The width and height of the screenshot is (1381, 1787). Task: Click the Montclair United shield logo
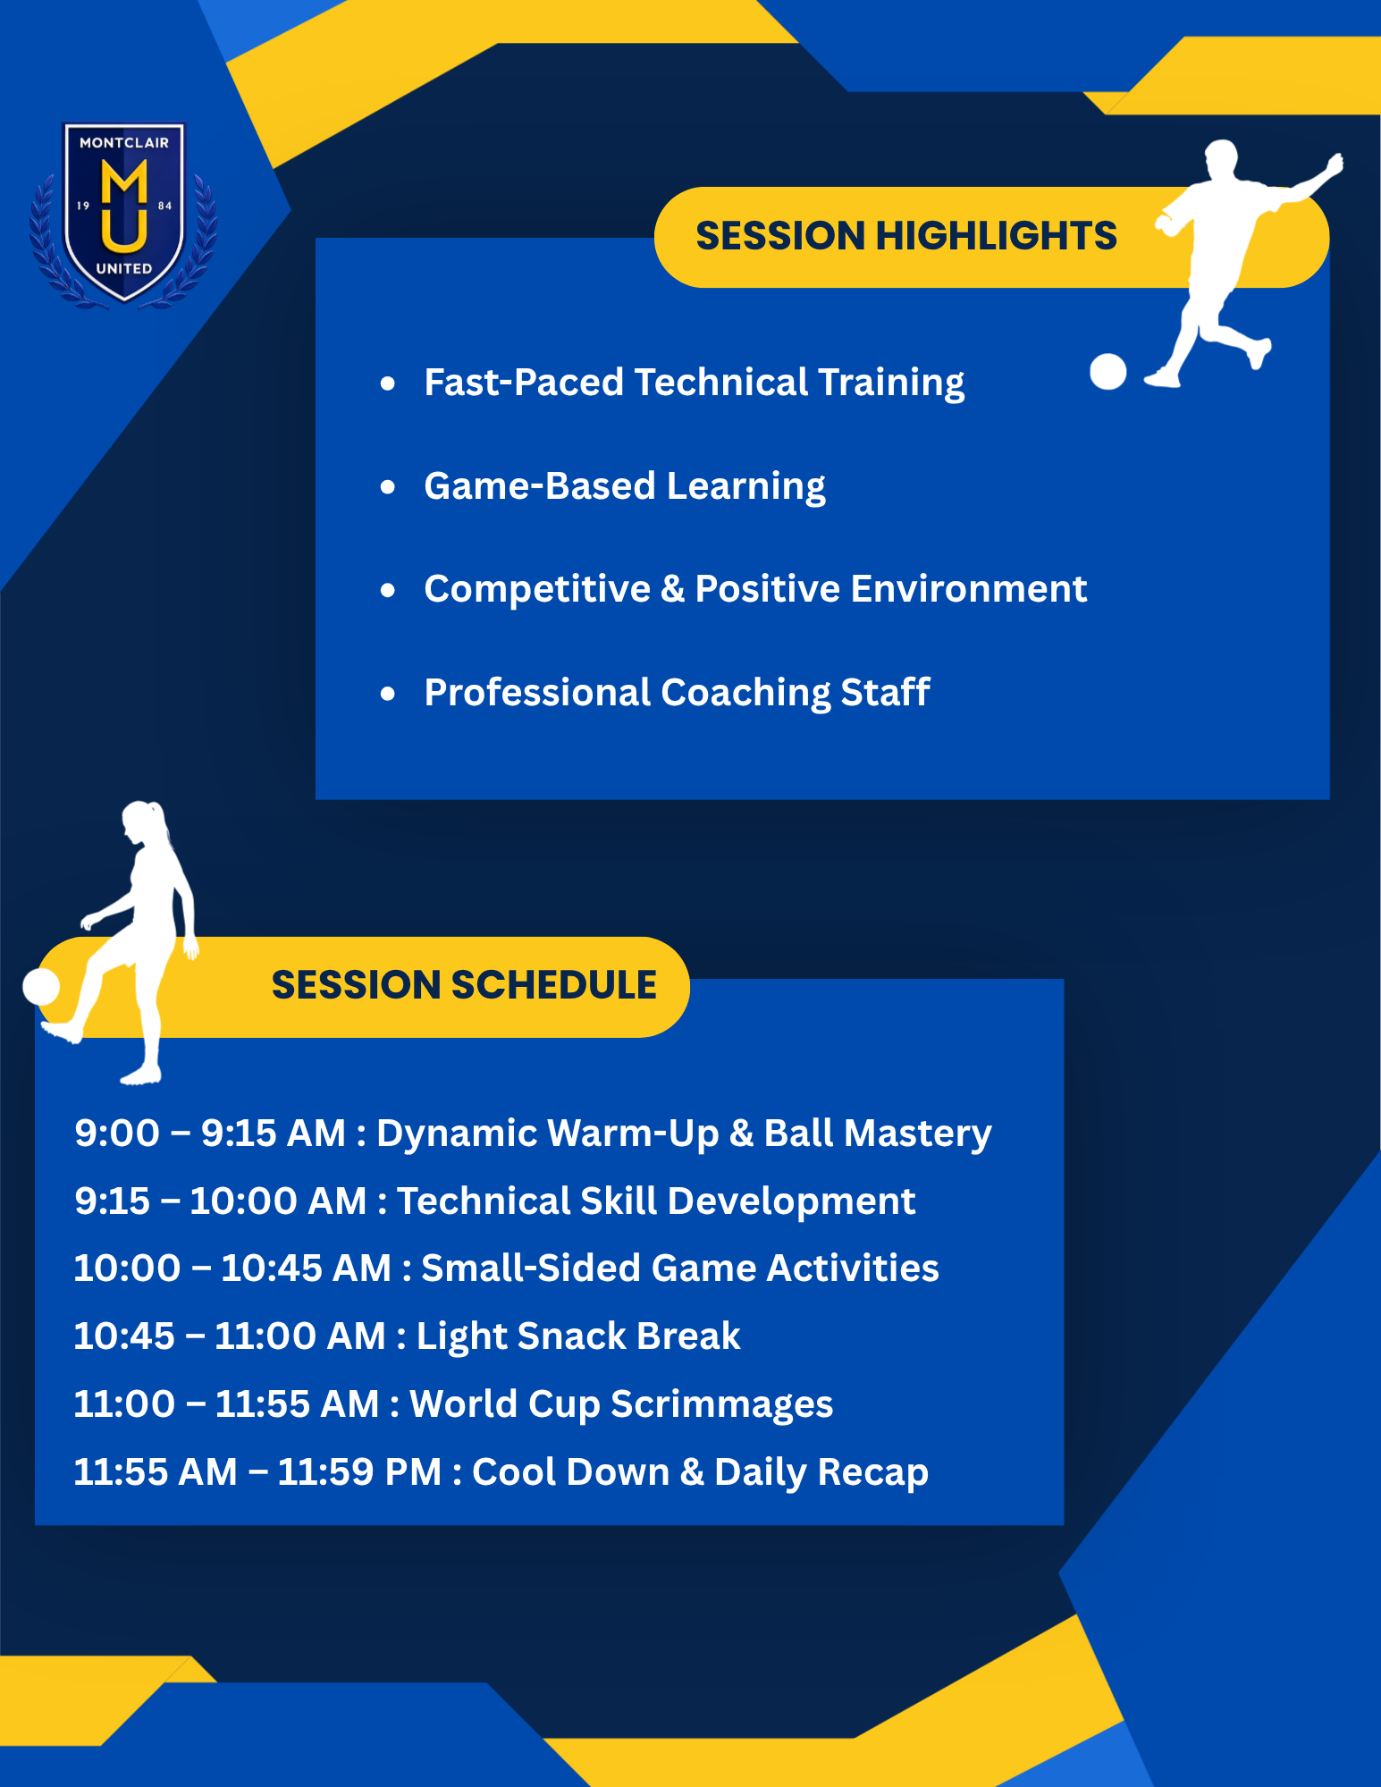[123, 214]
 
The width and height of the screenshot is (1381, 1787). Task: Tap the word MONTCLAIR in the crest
[124, 143]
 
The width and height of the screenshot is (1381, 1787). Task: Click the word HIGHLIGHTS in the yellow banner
[996, 236]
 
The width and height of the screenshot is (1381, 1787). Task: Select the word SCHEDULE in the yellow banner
[553, 985]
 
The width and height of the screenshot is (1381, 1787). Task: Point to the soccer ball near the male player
[1108, 372]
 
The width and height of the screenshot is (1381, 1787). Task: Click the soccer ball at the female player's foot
[41, 987]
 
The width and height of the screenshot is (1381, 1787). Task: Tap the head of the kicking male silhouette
[1222, 158]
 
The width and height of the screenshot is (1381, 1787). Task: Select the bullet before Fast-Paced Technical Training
[387, 384]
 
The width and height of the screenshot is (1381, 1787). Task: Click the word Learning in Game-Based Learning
[745, 487]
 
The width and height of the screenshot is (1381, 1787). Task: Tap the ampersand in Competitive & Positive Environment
[672, 589]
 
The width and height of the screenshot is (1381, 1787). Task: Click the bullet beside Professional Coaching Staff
[387, 694]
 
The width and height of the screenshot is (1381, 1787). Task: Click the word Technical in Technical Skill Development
[483, 1201]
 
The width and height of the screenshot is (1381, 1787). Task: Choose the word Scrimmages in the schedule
[721, 1405]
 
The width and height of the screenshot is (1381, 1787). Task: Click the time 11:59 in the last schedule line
[322, 1472]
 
